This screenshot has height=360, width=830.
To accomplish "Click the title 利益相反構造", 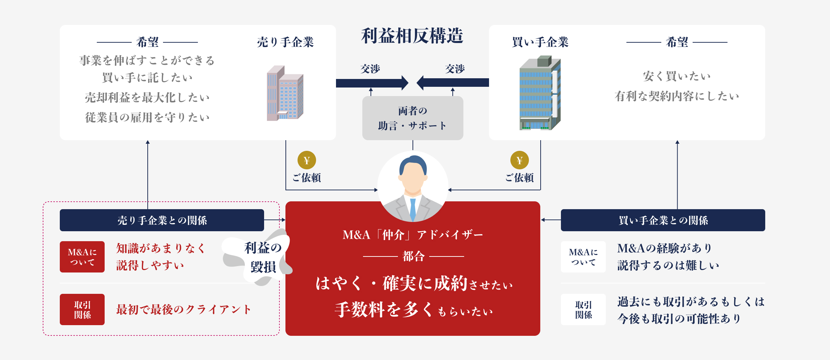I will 412,36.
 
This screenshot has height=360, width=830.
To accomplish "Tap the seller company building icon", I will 285,93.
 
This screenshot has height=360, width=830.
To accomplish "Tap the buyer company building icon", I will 540,93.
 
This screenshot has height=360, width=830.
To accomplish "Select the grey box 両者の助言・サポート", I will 413,118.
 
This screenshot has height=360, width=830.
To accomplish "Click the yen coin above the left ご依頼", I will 306,160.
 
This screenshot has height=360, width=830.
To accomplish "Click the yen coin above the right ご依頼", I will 519,160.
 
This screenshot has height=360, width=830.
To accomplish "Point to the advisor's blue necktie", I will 413,209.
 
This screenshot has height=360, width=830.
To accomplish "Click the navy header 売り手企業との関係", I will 162,220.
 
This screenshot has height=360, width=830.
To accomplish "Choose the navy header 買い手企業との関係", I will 663,220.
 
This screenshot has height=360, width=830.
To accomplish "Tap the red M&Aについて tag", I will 82,257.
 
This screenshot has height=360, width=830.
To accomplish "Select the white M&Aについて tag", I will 583,257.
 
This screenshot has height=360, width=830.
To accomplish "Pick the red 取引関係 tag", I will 82,309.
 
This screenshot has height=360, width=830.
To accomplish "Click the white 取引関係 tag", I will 583,309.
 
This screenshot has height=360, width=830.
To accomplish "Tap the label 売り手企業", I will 285,42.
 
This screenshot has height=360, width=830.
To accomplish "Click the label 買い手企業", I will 540,42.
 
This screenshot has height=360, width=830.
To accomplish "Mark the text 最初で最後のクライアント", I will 184,309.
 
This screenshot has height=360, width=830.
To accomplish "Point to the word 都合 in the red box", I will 413,256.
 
